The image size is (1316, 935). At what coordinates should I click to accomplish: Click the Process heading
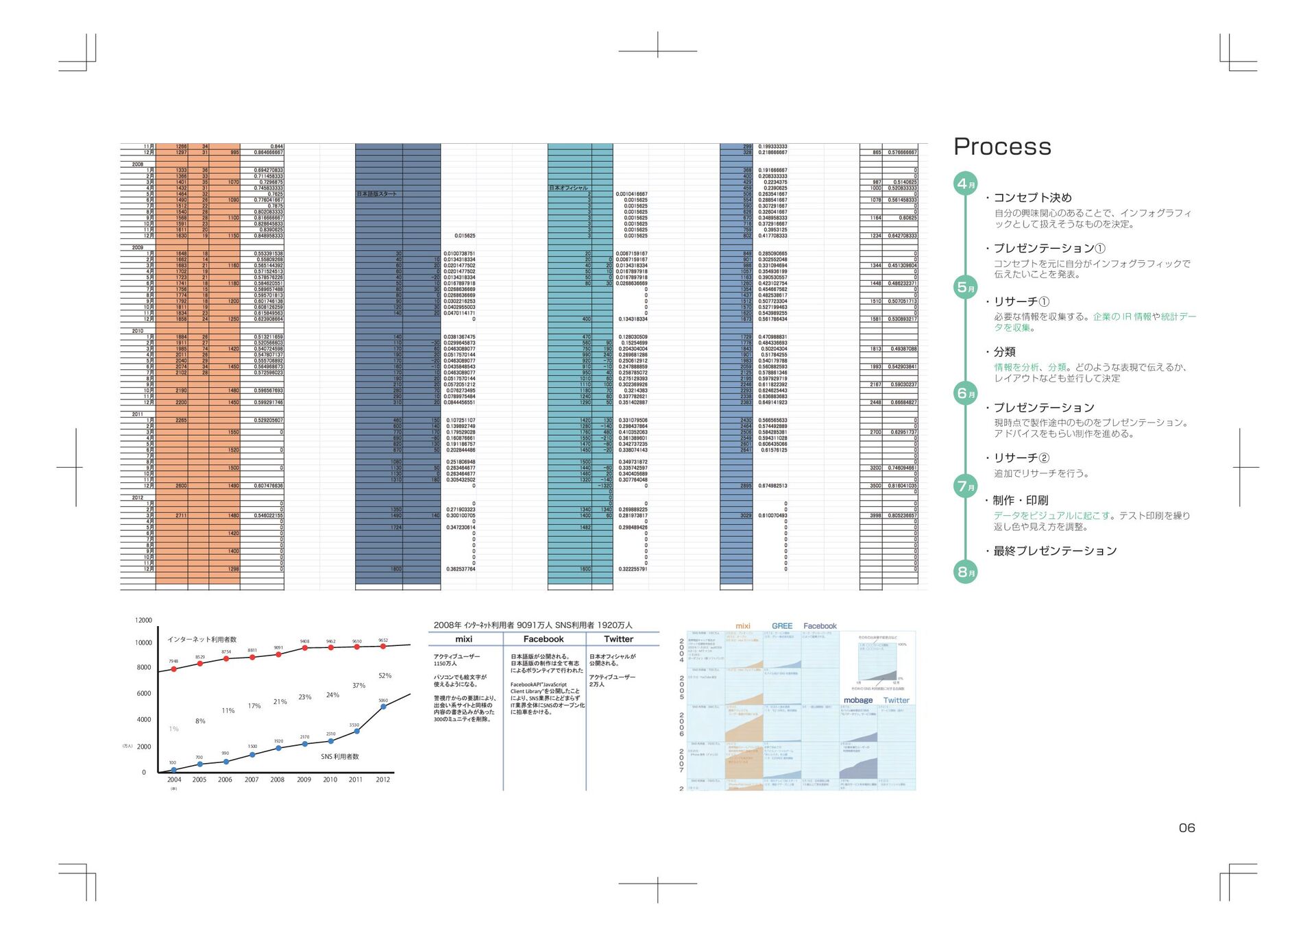coord(1002,147)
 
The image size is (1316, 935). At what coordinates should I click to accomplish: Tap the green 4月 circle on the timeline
coord(966,184)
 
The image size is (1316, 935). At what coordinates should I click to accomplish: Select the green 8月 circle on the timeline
coord(966,572)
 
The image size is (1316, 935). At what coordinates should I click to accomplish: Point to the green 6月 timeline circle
coord(966,393)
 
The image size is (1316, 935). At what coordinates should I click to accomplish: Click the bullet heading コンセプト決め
coord(1032,198)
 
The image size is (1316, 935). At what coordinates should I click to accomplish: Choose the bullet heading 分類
coord(1004,352)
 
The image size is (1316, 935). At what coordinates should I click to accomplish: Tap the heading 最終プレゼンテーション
coord(1055,551)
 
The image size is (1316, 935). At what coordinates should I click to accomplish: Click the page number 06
coord(1186,827)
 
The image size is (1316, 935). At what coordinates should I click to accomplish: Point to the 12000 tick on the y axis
coord(143,621)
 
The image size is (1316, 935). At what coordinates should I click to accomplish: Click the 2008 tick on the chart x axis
coord(277,780)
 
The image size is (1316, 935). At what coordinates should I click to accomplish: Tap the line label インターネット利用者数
coord(202,639)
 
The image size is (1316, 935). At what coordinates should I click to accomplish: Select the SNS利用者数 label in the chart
coord(340,757)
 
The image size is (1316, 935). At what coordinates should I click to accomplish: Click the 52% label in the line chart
coord(385,676)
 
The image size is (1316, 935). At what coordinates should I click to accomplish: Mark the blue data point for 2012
coord(383,707)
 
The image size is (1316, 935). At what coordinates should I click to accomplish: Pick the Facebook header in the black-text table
coord(544,639)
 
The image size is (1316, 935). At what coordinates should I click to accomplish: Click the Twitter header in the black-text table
coord(618,639)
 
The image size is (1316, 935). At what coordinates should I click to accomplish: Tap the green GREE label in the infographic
coord(782,626)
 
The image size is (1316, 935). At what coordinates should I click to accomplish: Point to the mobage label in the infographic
coord(858,700)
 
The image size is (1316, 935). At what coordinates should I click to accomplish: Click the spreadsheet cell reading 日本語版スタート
coord(377,194)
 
